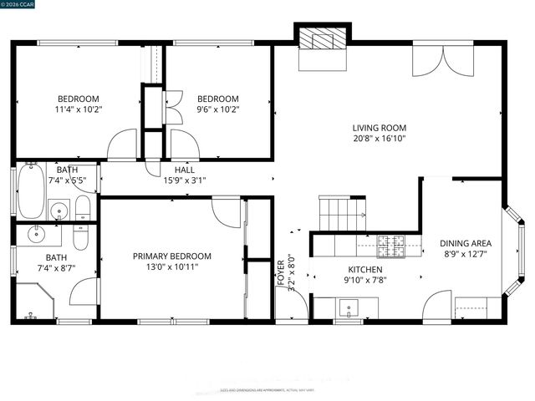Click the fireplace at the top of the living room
[322, 38]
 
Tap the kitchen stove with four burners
[390, 246]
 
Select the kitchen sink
[348, 309]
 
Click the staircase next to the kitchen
[342, 213]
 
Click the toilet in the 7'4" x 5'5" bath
[83, 209]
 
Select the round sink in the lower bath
[38, 233]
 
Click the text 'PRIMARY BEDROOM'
[171, 256]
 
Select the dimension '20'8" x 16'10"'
[379, 140]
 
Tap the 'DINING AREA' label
[466, 244]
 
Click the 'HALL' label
[185, 170]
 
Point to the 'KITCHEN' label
[365, 270]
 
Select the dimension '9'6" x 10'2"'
[217, 109]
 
